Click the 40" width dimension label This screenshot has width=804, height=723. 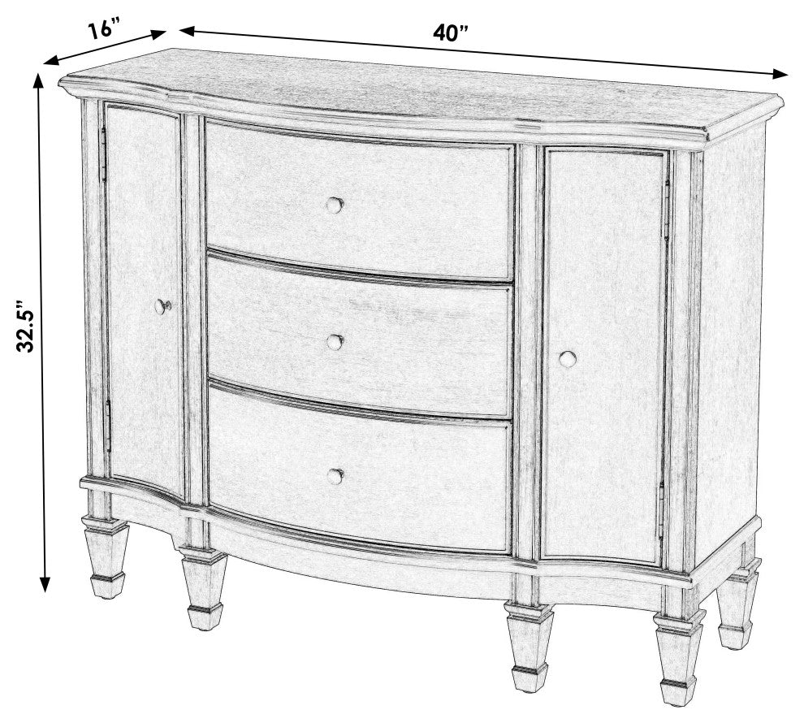click(451, 33)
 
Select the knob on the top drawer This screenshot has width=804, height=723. click(334, 206)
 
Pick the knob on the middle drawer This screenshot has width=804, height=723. click(335, 343)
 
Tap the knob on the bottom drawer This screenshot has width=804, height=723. click(335, 476)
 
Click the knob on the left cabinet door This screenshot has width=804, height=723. click(162, 307)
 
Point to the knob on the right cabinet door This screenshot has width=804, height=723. click(568, 358)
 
